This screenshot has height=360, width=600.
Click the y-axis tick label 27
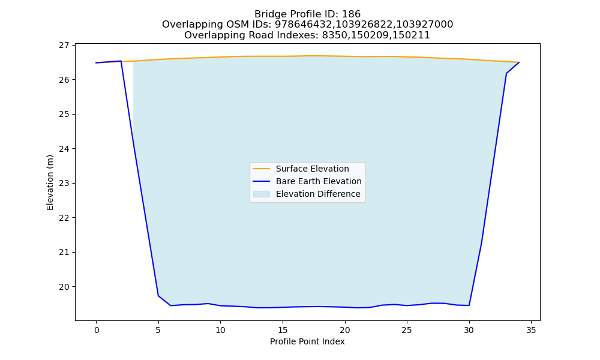tap(64, 45)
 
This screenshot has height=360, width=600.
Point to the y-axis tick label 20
tap(64, 287)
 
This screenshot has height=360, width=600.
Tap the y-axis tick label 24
tap(64, 149)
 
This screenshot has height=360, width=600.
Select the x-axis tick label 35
tap(531, 330)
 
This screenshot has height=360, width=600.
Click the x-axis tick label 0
tap(97, 330)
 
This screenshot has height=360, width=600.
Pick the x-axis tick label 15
tap(283, 330)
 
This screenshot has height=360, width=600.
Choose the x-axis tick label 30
tap(469, 330)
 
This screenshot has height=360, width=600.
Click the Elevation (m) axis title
tap(50, 182)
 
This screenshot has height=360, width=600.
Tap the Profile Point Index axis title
tap(307, 341)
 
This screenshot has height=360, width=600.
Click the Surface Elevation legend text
tap(312, 169)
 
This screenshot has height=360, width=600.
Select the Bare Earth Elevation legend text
tap(319, 181)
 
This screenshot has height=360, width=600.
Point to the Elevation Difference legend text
tap(318, 194)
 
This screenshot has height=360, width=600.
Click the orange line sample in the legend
tap(262, 169)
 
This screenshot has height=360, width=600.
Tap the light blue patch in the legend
tap(262, 194)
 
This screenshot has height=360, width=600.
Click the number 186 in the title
tap(351, 14)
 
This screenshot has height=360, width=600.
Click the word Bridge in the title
tap(269, 14)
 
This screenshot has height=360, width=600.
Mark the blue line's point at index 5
tap(158, 296)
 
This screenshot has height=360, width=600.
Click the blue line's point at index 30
tap(469, 305)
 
